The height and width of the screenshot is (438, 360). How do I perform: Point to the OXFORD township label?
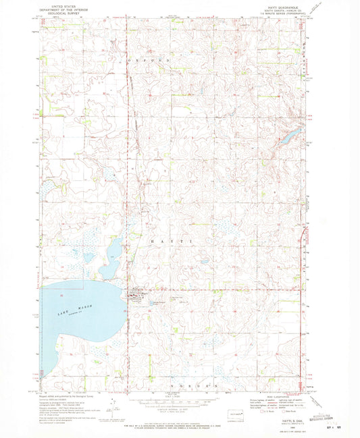(x=156, y=61)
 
